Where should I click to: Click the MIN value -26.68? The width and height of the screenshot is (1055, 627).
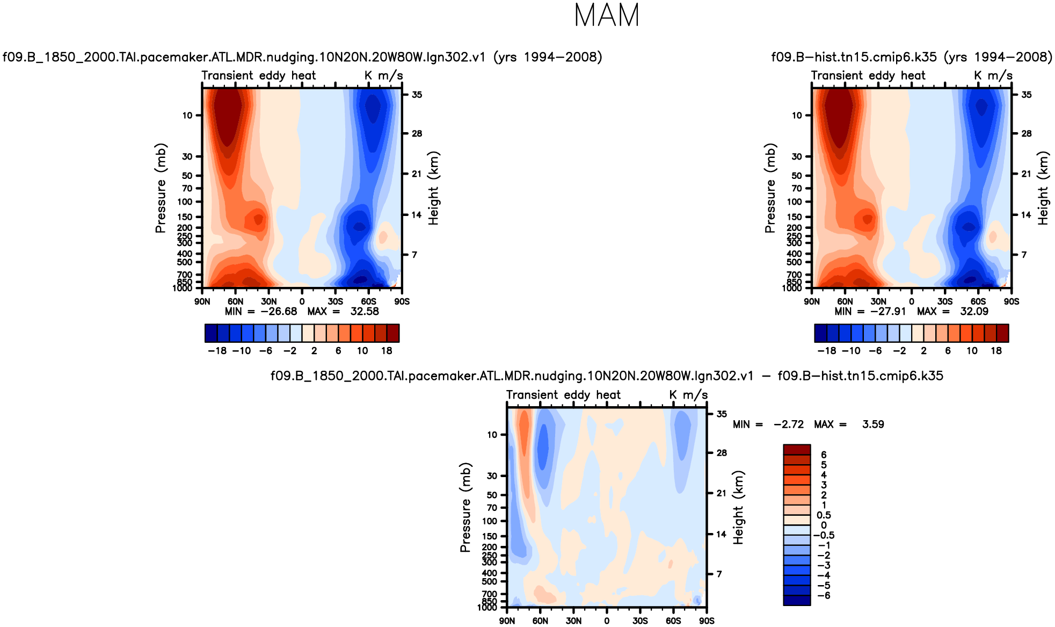point(279,312)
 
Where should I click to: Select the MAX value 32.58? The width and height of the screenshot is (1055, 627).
point(365,312)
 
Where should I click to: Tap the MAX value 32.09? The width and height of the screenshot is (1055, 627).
point(974,312)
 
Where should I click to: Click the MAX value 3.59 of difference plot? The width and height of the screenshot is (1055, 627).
point(872,424)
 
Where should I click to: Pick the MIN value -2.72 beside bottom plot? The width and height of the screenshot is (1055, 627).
point(789,424)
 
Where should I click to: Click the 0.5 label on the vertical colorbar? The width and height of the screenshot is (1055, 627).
point(824,515)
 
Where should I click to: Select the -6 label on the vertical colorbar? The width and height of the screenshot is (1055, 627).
point(823,596)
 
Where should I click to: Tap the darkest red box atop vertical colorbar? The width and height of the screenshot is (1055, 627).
point(797,450)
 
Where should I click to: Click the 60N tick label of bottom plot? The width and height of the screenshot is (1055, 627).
point(540,621)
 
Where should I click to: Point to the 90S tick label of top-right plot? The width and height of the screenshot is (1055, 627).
point(1011,302)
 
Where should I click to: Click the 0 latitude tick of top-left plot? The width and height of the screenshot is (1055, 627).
point(302,302)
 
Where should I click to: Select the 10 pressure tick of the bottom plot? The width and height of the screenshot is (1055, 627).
point(492,435)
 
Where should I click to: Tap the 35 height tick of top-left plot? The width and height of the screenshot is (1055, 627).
point(417,95)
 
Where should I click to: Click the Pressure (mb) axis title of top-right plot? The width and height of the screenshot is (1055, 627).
point(770,188)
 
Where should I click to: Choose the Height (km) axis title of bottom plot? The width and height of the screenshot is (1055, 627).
point(739,508)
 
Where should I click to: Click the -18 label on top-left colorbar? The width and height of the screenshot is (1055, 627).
point(217,351)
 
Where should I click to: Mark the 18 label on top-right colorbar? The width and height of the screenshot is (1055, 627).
point(996,351)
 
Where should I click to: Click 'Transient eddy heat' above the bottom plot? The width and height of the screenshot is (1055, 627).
point(563,395)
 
